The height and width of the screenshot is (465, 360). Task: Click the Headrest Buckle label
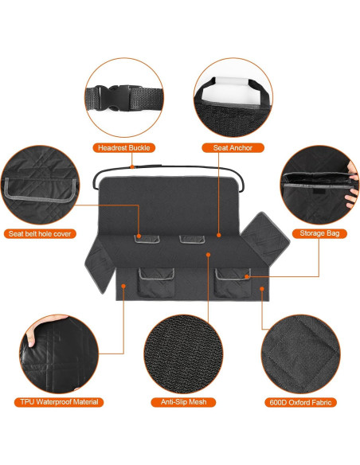(x=124, y=147)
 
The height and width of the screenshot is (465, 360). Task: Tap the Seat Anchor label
(x=228, y=147)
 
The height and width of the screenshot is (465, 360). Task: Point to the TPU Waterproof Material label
(x=61, y=402)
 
